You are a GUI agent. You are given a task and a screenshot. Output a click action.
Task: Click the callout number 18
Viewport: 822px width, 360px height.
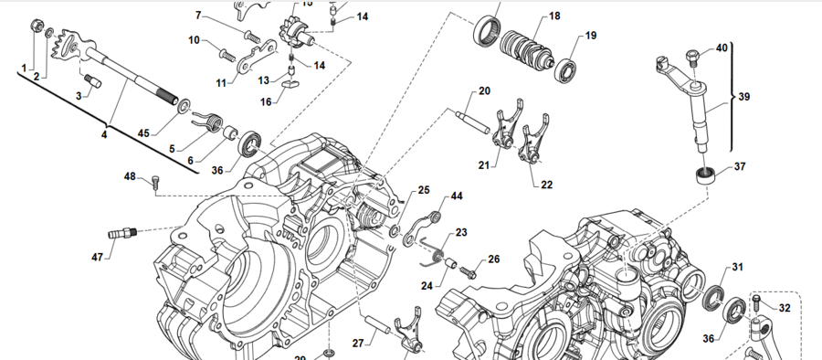point(555,16)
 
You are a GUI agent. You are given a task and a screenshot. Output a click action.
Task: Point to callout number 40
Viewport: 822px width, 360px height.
point(722,48)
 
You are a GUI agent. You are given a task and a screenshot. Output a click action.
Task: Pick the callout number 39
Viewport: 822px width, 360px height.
point(744,97)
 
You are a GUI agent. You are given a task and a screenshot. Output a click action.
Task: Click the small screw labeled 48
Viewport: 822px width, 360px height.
point(154,183)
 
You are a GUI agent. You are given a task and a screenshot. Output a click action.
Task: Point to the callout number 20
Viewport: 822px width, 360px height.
point(484,91)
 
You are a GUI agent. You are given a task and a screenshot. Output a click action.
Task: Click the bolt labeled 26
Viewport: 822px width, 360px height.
point(470,270)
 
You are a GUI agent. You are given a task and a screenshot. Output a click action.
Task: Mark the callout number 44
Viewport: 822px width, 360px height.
point(456,196)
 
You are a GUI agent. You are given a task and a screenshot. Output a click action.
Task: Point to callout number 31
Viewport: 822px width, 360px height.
point(738,267)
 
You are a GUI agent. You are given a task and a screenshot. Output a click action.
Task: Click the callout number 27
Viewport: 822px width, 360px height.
point(359,344)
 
